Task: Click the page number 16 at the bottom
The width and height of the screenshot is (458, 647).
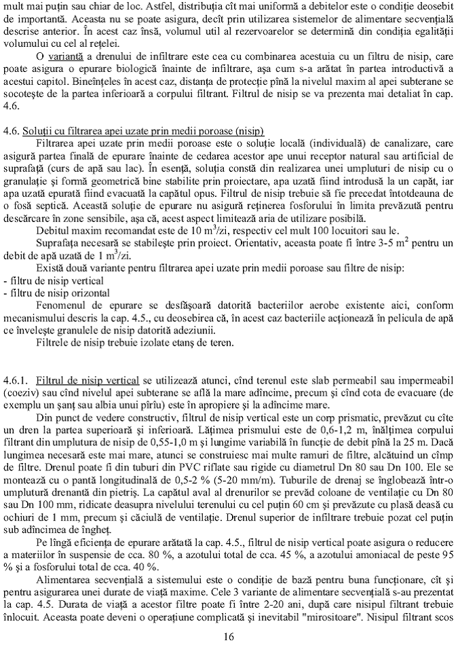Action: (228, 636)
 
